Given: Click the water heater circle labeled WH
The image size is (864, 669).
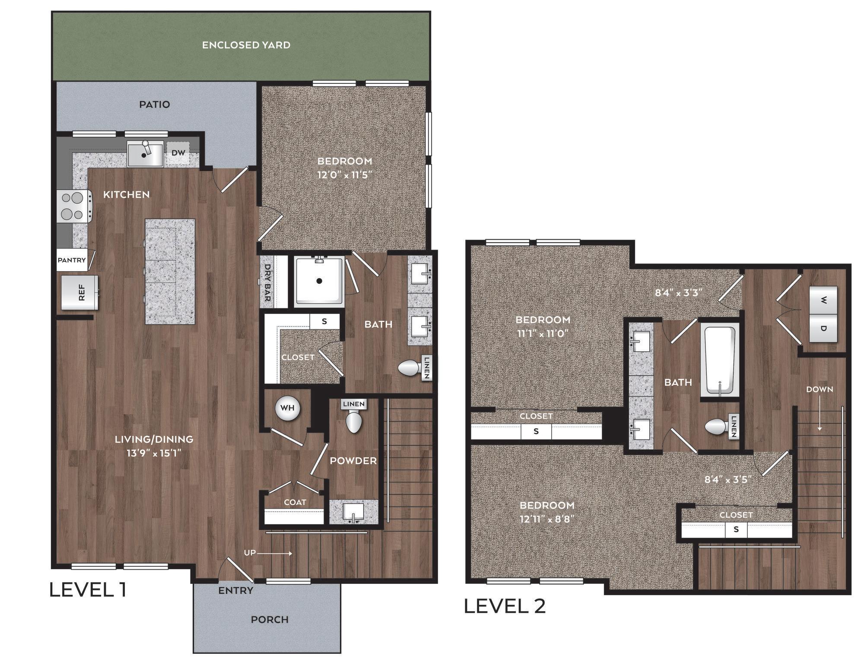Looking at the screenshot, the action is point(287,408).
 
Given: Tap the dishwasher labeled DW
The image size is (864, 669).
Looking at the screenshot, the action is point(178,153).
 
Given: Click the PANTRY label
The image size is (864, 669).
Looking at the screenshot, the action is point(72,260).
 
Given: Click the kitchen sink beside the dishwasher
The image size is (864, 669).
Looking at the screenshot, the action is point(145,154).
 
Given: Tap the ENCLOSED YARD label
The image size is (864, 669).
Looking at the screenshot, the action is point(246,45).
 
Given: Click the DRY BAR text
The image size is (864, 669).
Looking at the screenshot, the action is point(267,282).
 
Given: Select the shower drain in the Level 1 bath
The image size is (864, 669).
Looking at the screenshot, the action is point(319,281).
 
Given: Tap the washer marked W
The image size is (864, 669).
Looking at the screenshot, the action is point(823,300).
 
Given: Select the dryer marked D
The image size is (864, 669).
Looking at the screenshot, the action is point(823,328).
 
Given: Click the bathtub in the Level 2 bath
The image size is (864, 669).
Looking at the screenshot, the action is point(720,361).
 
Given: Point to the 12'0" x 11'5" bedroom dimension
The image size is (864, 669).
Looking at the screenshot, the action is point(345,175).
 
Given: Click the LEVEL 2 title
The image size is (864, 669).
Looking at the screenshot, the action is point(505,606).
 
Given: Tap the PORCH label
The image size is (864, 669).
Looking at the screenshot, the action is point(270,619).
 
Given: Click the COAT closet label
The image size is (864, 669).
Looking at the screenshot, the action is point(295,502).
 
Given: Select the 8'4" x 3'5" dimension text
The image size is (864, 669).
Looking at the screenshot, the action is point(728,479).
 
